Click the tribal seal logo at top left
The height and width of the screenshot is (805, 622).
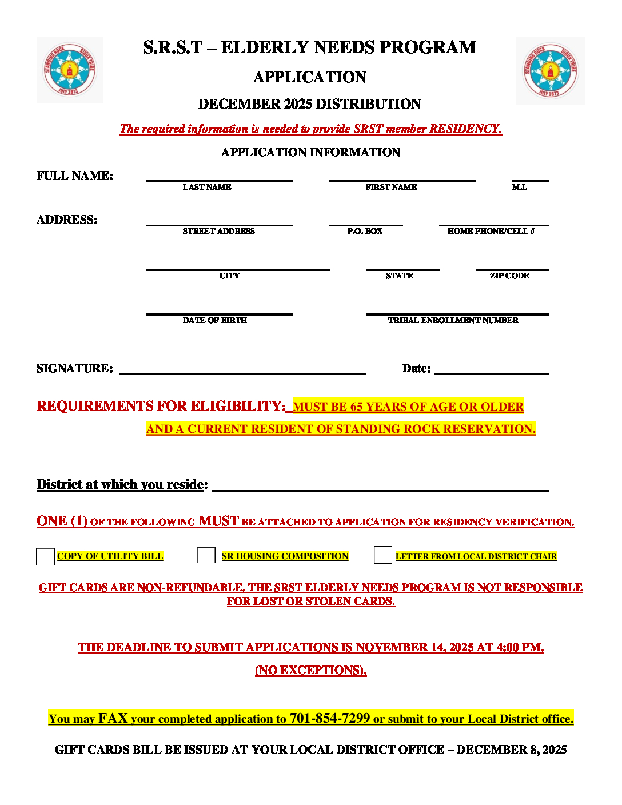(70, 70)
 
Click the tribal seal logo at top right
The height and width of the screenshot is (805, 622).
(550, 71)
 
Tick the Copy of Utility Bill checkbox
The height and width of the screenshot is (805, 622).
(45, 556)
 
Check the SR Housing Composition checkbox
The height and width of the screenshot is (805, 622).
(206, 555)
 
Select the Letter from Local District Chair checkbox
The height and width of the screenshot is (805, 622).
(382, 555)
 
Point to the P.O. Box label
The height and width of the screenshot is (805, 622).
(365, 232)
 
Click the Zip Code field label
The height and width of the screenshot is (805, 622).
(509, 276)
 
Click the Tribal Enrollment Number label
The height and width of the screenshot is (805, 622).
(453, 321)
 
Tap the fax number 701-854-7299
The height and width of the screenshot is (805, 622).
(330, 718)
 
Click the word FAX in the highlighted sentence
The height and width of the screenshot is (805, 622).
(113, 718)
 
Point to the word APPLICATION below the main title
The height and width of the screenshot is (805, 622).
(310, 77)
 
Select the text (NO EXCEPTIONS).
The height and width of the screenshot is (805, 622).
(311, 670)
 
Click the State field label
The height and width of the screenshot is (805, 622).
(400, 276)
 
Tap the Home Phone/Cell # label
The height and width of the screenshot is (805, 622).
(491, 232)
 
